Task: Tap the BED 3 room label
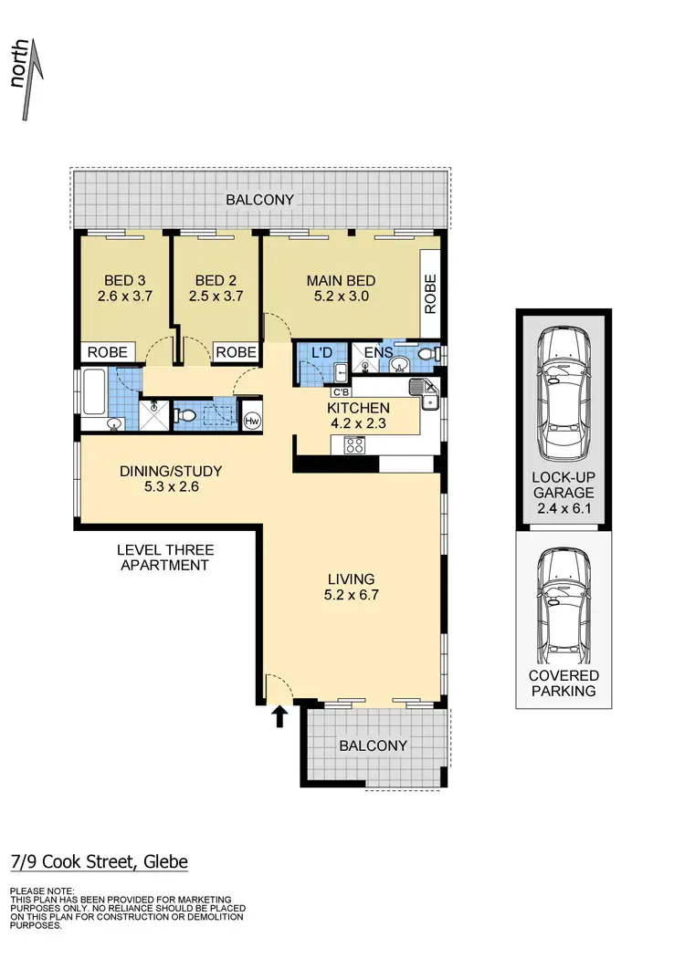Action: click(x=122, y=280)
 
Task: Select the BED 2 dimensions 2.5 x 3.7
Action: click(x=216, y=297)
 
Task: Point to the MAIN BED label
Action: click(x=341, y=280)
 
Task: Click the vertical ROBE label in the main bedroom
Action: click(x=431, y=294)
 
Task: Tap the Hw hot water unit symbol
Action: click(x=252, y=421)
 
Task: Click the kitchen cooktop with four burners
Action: click(x=353, y=445)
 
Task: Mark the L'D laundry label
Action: click(x=321, y=352)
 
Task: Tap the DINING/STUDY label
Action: click(x=171, y=472)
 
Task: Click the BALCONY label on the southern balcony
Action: click(x=373, y=745)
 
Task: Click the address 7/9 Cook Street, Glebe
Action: click(x=99, y=861)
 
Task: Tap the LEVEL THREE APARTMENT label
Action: click(x=165, y=557)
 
